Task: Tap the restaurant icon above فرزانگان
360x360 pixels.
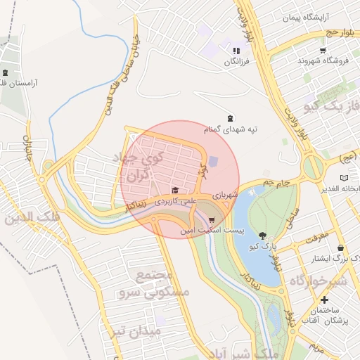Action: click(x=236, y=51)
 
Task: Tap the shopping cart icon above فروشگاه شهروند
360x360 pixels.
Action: click(x=323, y=50)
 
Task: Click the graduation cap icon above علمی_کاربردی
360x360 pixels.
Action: click(x=175, y=190)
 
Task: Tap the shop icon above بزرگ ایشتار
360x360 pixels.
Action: click(x=342, y=247)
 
